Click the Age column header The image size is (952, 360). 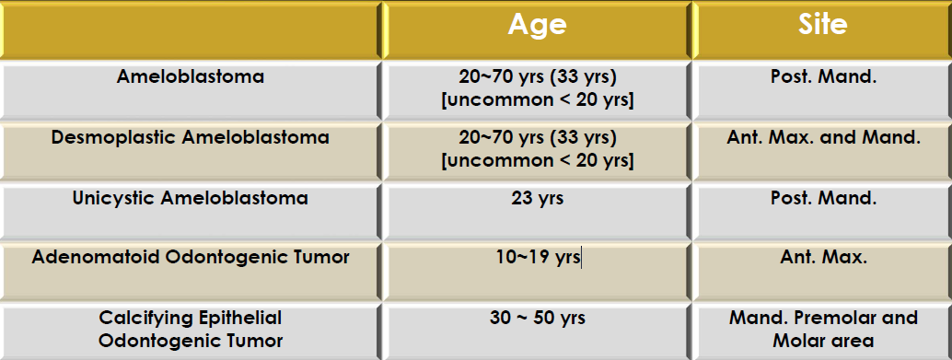tap(538, 25)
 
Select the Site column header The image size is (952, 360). tap(823, 24)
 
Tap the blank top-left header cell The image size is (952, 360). tap(191, 29)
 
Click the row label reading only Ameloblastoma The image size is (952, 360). tap(191, 76)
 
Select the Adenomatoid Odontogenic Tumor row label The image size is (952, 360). tap(191, 258)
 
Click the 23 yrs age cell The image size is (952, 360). tap(538, 198)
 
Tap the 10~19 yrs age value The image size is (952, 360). tap(538, 258)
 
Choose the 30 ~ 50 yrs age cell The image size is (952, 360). tap(538, 318)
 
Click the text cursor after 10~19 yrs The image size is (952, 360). tap(581, 258)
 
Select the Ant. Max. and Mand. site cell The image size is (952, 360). tap(823, 137)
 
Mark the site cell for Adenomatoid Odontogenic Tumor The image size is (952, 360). tap(823, 258)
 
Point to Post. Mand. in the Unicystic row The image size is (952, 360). tap(823, 198)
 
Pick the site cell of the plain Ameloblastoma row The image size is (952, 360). tap(823, 76)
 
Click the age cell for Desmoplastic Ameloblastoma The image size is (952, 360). tap(538, 149)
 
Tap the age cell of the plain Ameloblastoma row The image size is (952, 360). tap(538, 88)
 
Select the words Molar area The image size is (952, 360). tap(823, 341)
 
